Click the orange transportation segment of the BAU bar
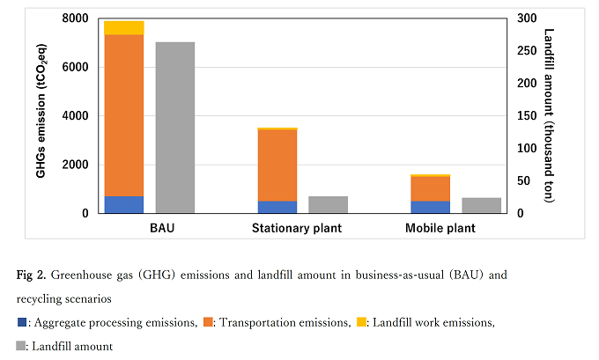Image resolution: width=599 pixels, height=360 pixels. (x=123, y=114)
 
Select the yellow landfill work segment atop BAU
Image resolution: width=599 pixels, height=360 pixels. (x=123, y=27)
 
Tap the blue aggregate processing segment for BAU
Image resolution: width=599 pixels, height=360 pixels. (x=123, y=204)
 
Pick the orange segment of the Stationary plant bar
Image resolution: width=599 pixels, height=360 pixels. (x=277, y=165)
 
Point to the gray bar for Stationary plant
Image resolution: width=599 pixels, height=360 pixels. (x=328, y=204)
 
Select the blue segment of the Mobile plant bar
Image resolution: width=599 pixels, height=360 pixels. (x=430, y=207)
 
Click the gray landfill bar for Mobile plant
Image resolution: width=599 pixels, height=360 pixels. (x=481, y=205)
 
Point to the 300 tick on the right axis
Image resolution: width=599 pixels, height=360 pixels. (x=523, y=18)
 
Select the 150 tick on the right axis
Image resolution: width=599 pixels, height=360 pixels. (x=523, y=116)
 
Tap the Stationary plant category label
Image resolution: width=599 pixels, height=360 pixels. (x=302, y=228)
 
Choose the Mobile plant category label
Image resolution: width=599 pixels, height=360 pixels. (x=440, y=228)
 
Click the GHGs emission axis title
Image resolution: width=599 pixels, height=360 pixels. (x=41, y=114)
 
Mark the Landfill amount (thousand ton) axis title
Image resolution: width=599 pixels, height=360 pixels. (x=549, y=114)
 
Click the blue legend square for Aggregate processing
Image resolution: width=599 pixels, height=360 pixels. (x=21, y=323)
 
